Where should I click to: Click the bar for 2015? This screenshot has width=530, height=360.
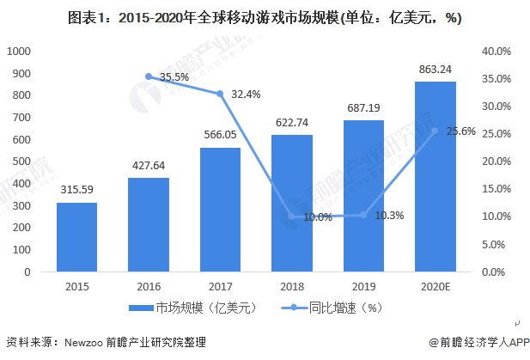pyautogui.click(x=76, y=237)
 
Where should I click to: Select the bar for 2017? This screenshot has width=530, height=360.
pyautogui.click(x=220, y=210)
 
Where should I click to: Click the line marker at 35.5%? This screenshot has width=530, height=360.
pyautogui.click(x=149, y=76)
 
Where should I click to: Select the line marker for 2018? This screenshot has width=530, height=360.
pyautogui.click(x=292, y=217)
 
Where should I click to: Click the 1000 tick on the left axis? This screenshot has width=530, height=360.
pyautogui.click(x=18, y=52)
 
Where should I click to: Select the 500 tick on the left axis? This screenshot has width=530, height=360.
pyautogui.click(x=21, y=162)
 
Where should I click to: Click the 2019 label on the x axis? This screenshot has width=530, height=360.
pyautogui.click(x=363, y=285)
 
